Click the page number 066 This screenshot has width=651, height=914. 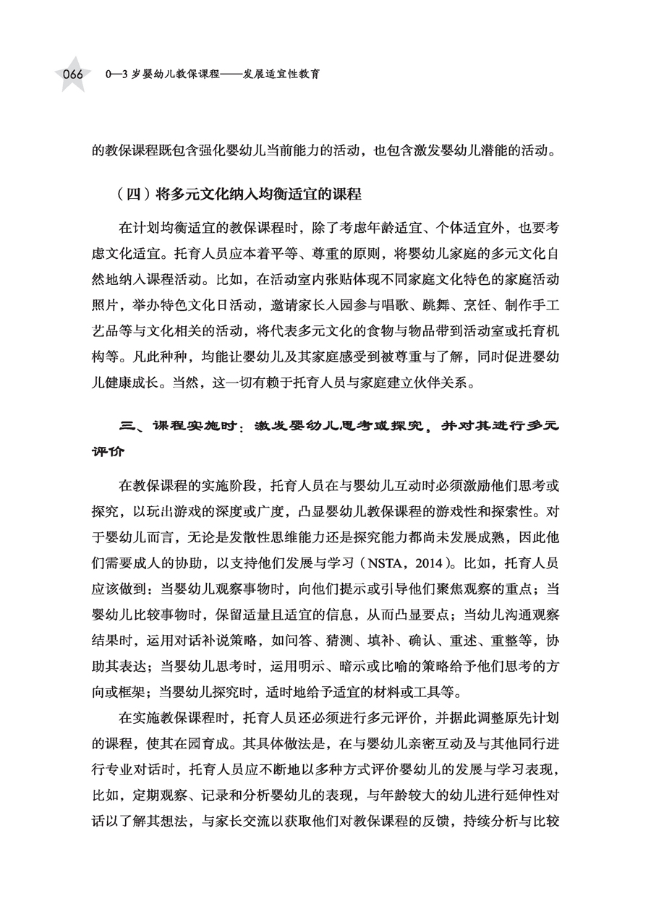coord(73,75)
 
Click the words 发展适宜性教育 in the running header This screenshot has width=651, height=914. coord(282,74)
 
